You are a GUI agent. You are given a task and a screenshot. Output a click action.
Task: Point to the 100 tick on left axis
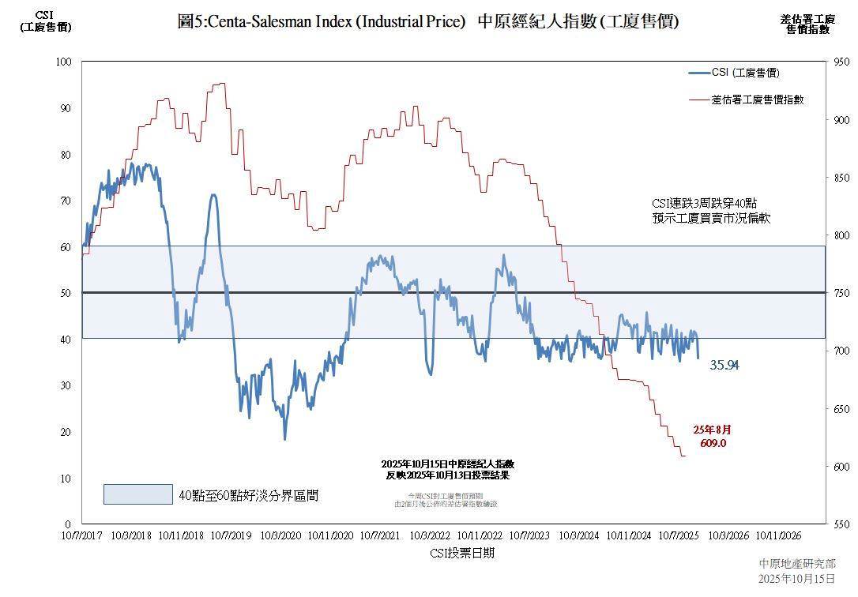click(x=64, y=62)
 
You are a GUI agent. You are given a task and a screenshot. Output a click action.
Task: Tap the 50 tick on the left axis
click(x=66, y=293)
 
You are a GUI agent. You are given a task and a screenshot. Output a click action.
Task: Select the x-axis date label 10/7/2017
click(x=82, y=535)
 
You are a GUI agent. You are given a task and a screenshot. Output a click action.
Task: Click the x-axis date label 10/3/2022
click(x=430, y=535)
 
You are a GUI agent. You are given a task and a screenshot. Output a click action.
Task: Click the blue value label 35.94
click(x=724, y=365)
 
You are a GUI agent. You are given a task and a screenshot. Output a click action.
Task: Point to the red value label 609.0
click(x=712, y=443)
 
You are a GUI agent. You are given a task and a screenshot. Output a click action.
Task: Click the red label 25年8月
click(x=712, y=430)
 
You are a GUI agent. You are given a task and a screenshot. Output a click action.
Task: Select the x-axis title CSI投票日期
click(x=462, y=553)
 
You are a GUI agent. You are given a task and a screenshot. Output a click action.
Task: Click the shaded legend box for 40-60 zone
click(x=137, y=494)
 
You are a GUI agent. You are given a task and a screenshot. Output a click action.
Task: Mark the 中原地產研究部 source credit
click(x=796, y=564)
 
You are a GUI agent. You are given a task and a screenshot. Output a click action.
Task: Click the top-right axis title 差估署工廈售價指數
click(x=807, y=24)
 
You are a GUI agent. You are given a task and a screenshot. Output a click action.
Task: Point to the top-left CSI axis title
click(x=45, y=21)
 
